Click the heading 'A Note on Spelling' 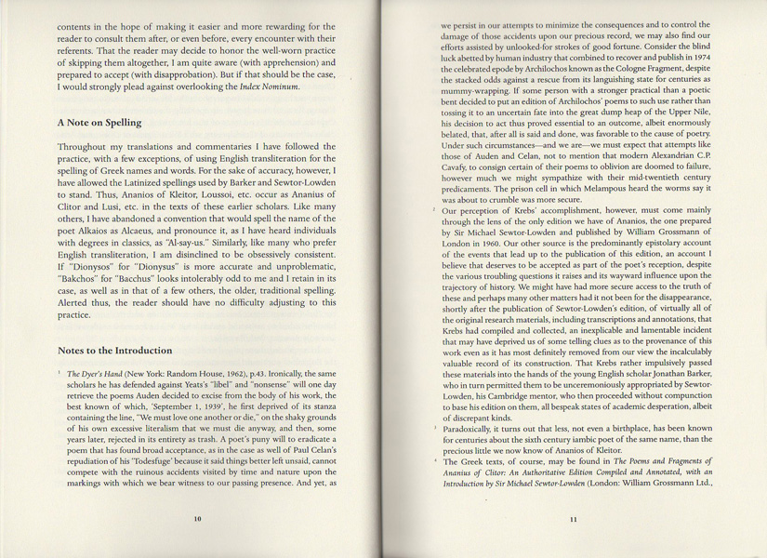(x=99, y=123)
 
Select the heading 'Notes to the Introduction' (x=114, y=351)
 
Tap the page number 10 (x=196, y=519)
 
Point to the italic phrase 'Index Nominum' (x=270, y=86)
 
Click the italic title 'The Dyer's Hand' (x=96, y=373)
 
